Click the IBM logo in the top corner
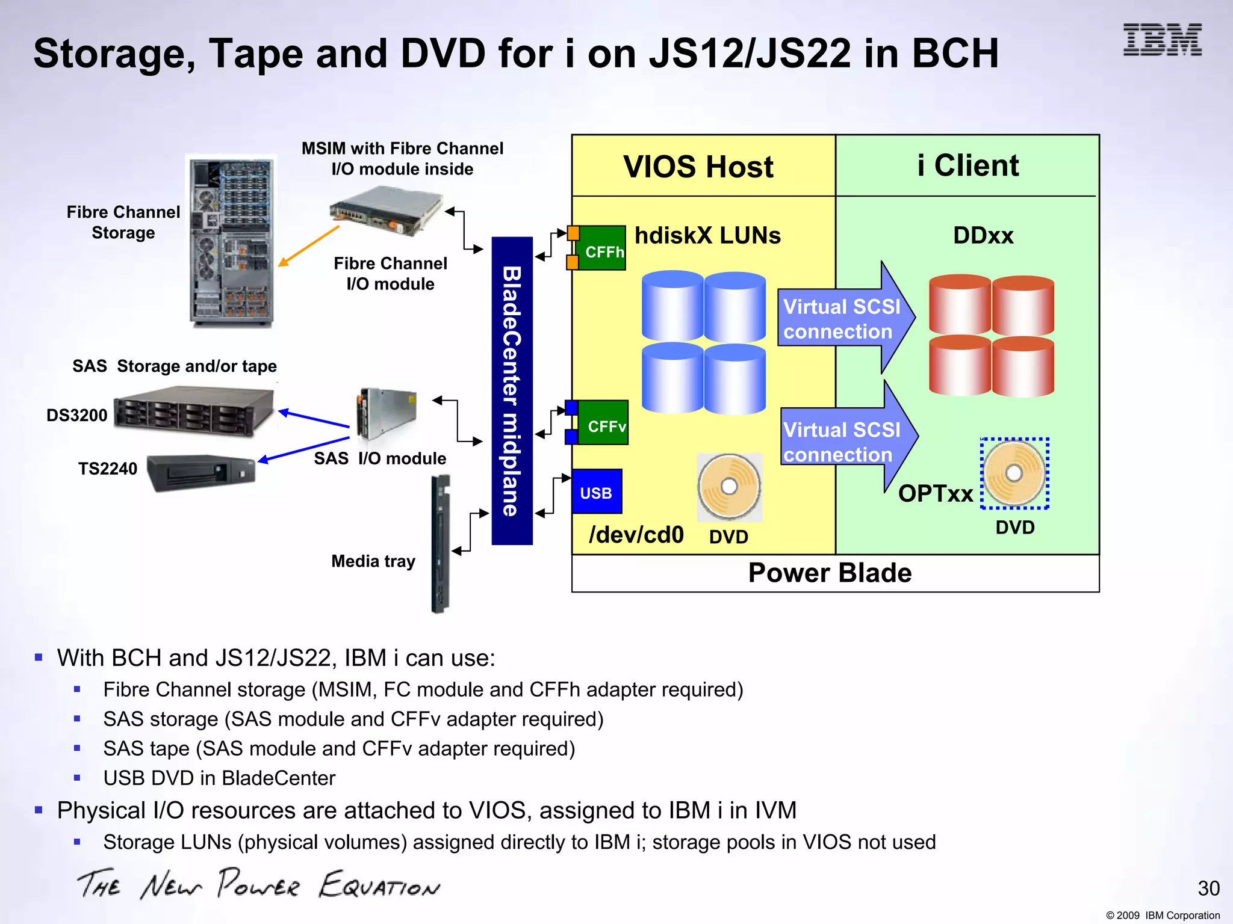[x=1162, y=40]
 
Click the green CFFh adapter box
[x=602, y=248]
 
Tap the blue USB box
[x=597, y=491]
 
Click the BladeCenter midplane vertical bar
[x=512, y=391]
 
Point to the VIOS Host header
[x=698, y=167]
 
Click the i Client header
[x=967, y=165]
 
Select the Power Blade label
[x=830, y=573]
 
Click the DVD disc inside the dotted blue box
[x=1014, y=473]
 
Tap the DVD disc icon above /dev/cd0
[x=729, y=487]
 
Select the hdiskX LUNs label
[x=707, y=235]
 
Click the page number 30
[x=1208, y=888]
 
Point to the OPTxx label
[x=935, y=494]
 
